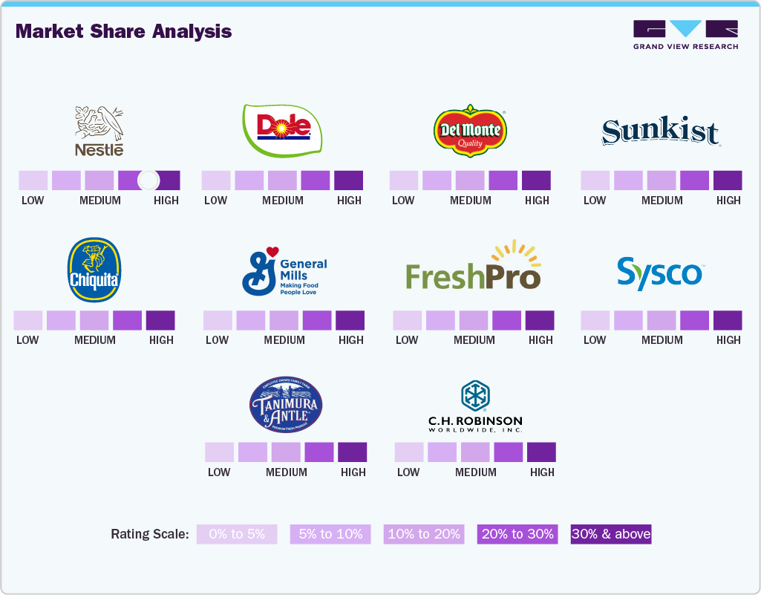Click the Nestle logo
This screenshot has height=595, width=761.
pyautogui.click(x=99, y=131)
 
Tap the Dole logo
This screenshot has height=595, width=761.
pyautogui.click(x=282, y=131)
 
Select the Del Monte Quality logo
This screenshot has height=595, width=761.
pyautogui.click(x=469, y=129)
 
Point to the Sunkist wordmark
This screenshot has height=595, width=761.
pyautogui.click(x=660, y=132)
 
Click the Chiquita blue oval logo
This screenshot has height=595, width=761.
pyautogui.click(x=94, y=270)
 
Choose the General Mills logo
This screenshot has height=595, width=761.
pyautogui.click(x=284, y=272)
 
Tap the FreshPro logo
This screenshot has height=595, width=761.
pyautogui.click(x=473, y=268)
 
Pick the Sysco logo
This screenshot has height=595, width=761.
pyautogui.click(x=659, y=273)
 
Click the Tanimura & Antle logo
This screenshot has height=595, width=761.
pyautogui.click(x=286, y=406)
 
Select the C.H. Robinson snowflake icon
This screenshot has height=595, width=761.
pyautogui.click(x=474, y=395)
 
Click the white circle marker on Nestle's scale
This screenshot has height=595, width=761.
pyautogui.click(x=148, y=180)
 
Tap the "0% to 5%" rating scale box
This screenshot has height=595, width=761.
pyautogui.click(x=236, y=534)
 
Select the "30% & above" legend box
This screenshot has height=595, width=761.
pyautogui.click(x=611, y=534)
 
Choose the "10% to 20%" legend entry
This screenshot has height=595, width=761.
pyautogui.click(x=423, y=534)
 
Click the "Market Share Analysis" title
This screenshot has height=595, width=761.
pyautogui.click(x=123, y=31)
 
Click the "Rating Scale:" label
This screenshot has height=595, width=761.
pyautogui.click(x=149, y=534)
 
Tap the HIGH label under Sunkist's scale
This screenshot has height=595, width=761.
pyautogui.click(x=728, y=200)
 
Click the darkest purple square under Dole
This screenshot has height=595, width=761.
pyautogui.click(x=348, y=181)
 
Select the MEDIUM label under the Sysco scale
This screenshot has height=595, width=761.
pyautogui.click(x=662, y=339)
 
